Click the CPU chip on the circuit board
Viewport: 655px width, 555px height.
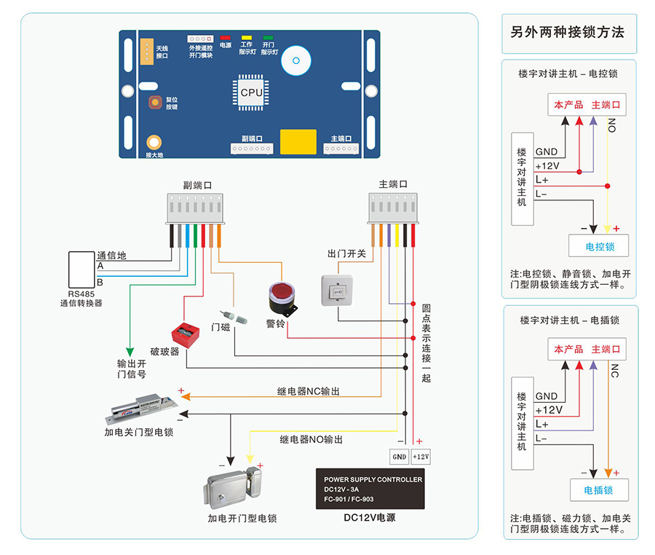pos(252,92)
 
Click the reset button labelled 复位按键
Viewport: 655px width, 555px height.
pos(155,103)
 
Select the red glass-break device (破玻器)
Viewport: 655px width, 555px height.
pos(184,334)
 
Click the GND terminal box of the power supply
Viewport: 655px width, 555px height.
pos(400,457)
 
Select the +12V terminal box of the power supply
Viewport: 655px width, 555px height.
pos(421,457)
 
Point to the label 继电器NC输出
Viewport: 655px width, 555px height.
pos(308,391)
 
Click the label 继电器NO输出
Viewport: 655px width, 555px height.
pos(311,440)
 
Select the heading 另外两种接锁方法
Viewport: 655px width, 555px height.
pos(567,33)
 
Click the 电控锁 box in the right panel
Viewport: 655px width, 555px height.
pos(600,246)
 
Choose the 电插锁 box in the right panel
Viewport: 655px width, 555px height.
pos(599,490)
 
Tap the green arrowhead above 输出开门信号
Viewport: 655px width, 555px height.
pos(130,350)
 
